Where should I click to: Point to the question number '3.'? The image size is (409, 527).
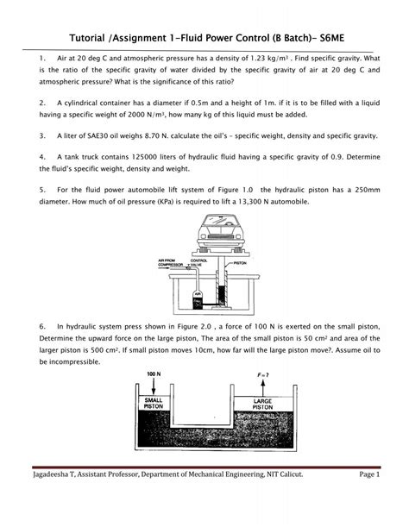tap(43, 136)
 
